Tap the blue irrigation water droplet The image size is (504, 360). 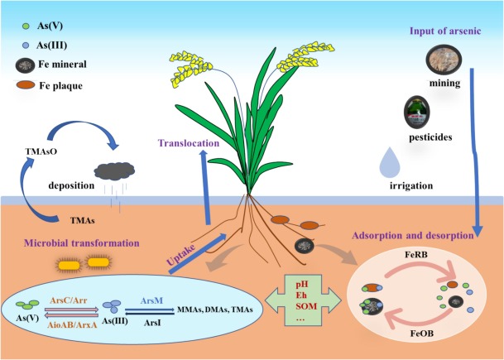[387, 162]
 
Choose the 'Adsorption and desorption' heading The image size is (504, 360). [415, 234]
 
